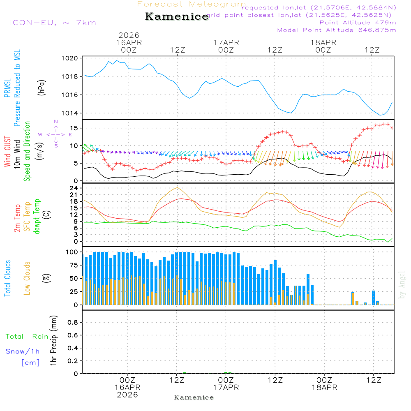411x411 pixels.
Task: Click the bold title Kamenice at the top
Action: pyautogui.click(x=177, y=17)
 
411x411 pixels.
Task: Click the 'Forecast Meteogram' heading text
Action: pyautogui.click(x=192, y=4)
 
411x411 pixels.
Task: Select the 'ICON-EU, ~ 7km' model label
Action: pyautogui.click(x=53, y=23)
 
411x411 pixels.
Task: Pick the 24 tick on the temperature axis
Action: pyautogui.click(x=74, y=188)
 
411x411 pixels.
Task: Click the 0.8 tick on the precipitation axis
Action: pyautogui.click(x=73, y=323)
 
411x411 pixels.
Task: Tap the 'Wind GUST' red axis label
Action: pyautogui.click(x=7, y=152)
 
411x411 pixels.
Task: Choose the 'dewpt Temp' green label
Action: pyautogui.click(x=37, y=217)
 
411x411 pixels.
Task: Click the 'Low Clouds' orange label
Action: pyautogui.click(x=27, y=278)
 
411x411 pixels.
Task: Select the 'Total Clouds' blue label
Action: pyautogui.click(x=7, y=278)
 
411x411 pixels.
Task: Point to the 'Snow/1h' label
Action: pyautogui.click(x=23, y=352)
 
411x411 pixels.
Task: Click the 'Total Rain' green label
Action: pyautogui.click(x=27, y=337)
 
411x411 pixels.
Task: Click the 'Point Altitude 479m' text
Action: pyautogui.click(x=358, y=22)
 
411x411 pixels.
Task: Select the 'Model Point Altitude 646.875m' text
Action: pyautogui.click(x=337, y=30)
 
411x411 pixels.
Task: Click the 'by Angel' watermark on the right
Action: pyautogui.click(x=402, y=285)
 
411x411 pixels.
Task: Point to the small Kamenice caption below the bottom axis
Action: pyautogui.click(x=194, y=397)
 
